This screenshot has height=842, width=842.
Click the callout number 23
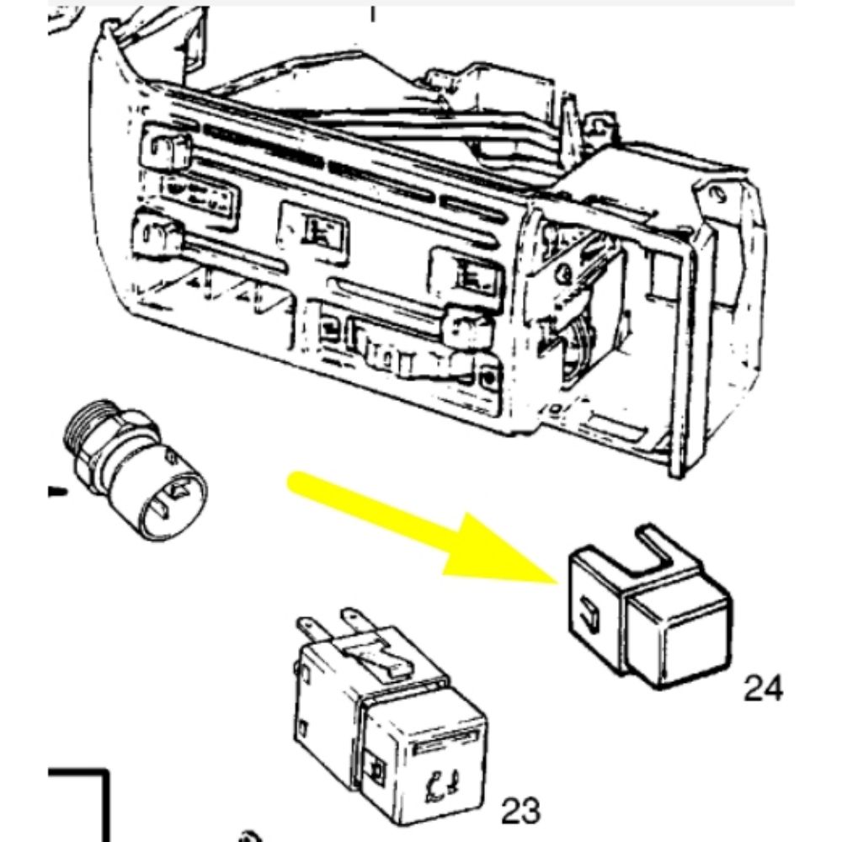(520, 811)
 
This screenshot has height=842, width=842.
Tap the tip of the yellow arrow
(558, 583)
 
